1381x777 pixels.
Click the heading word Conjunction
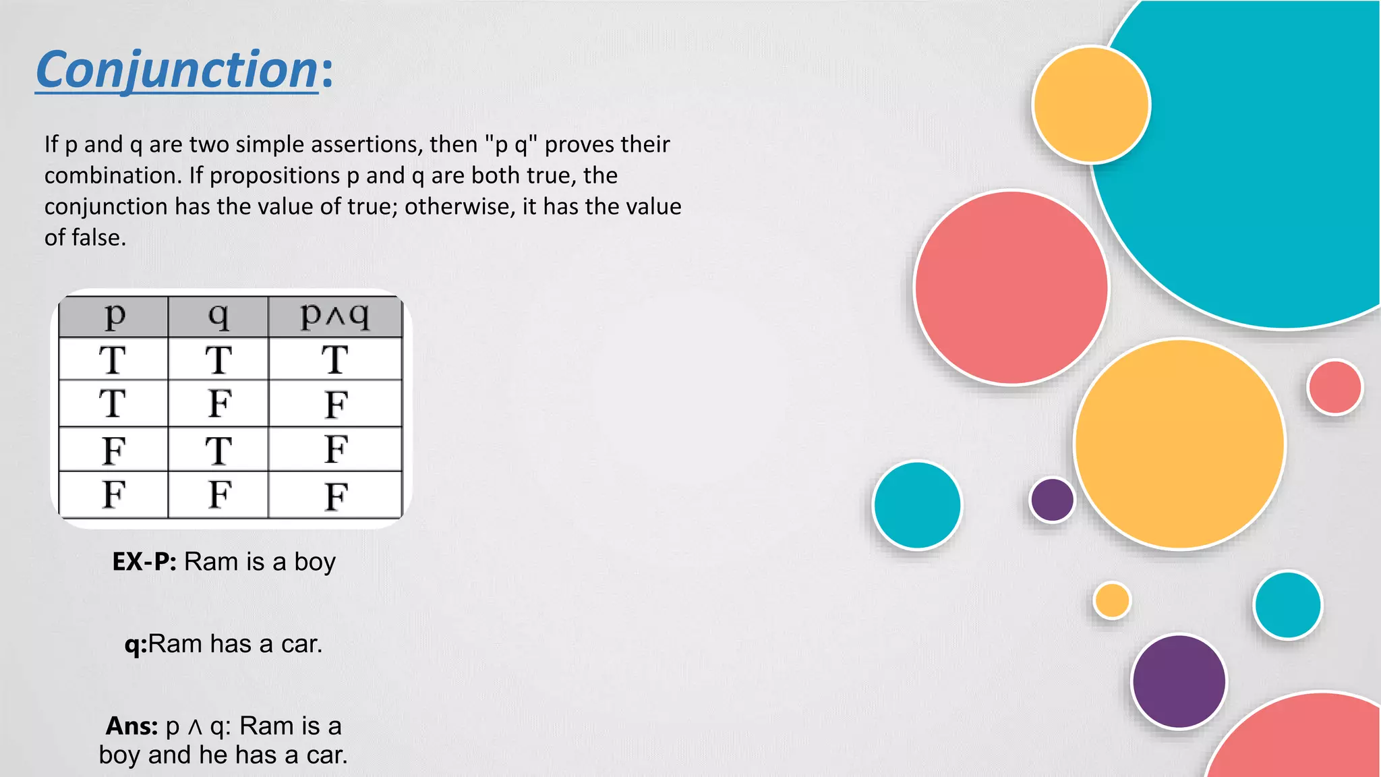[177, 69]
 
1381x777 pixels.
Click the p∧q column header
[335, 316]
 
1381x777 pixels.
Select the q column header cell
[218, 316]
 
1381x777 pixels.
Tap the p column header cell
[114, 316]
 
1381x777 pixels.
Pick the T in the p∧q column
[335, 359]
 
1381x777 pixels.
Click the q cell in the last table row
[219, 494]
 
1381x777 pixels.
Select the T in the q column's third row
[218, 451]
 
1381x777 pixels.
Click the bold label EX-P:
[144, 562]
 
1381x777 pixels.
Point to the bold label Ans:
[131, 726]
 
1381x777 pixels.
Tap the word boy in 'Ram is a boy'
[314, 562]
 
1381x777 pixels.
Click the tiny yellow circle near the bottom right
[1112, 600]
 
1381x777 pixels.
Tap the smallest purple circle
[1052, 500]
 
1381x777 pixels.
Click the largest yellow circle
[1179, 444]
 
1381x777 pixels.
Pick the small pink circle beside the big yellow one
[1334, 387]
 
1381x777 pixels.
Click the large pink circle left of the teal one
[1011, 288]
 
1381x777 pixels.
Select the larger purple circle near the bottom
[1179, 681]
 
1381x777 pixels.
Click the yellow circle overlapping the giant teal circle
[1091, 105]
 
